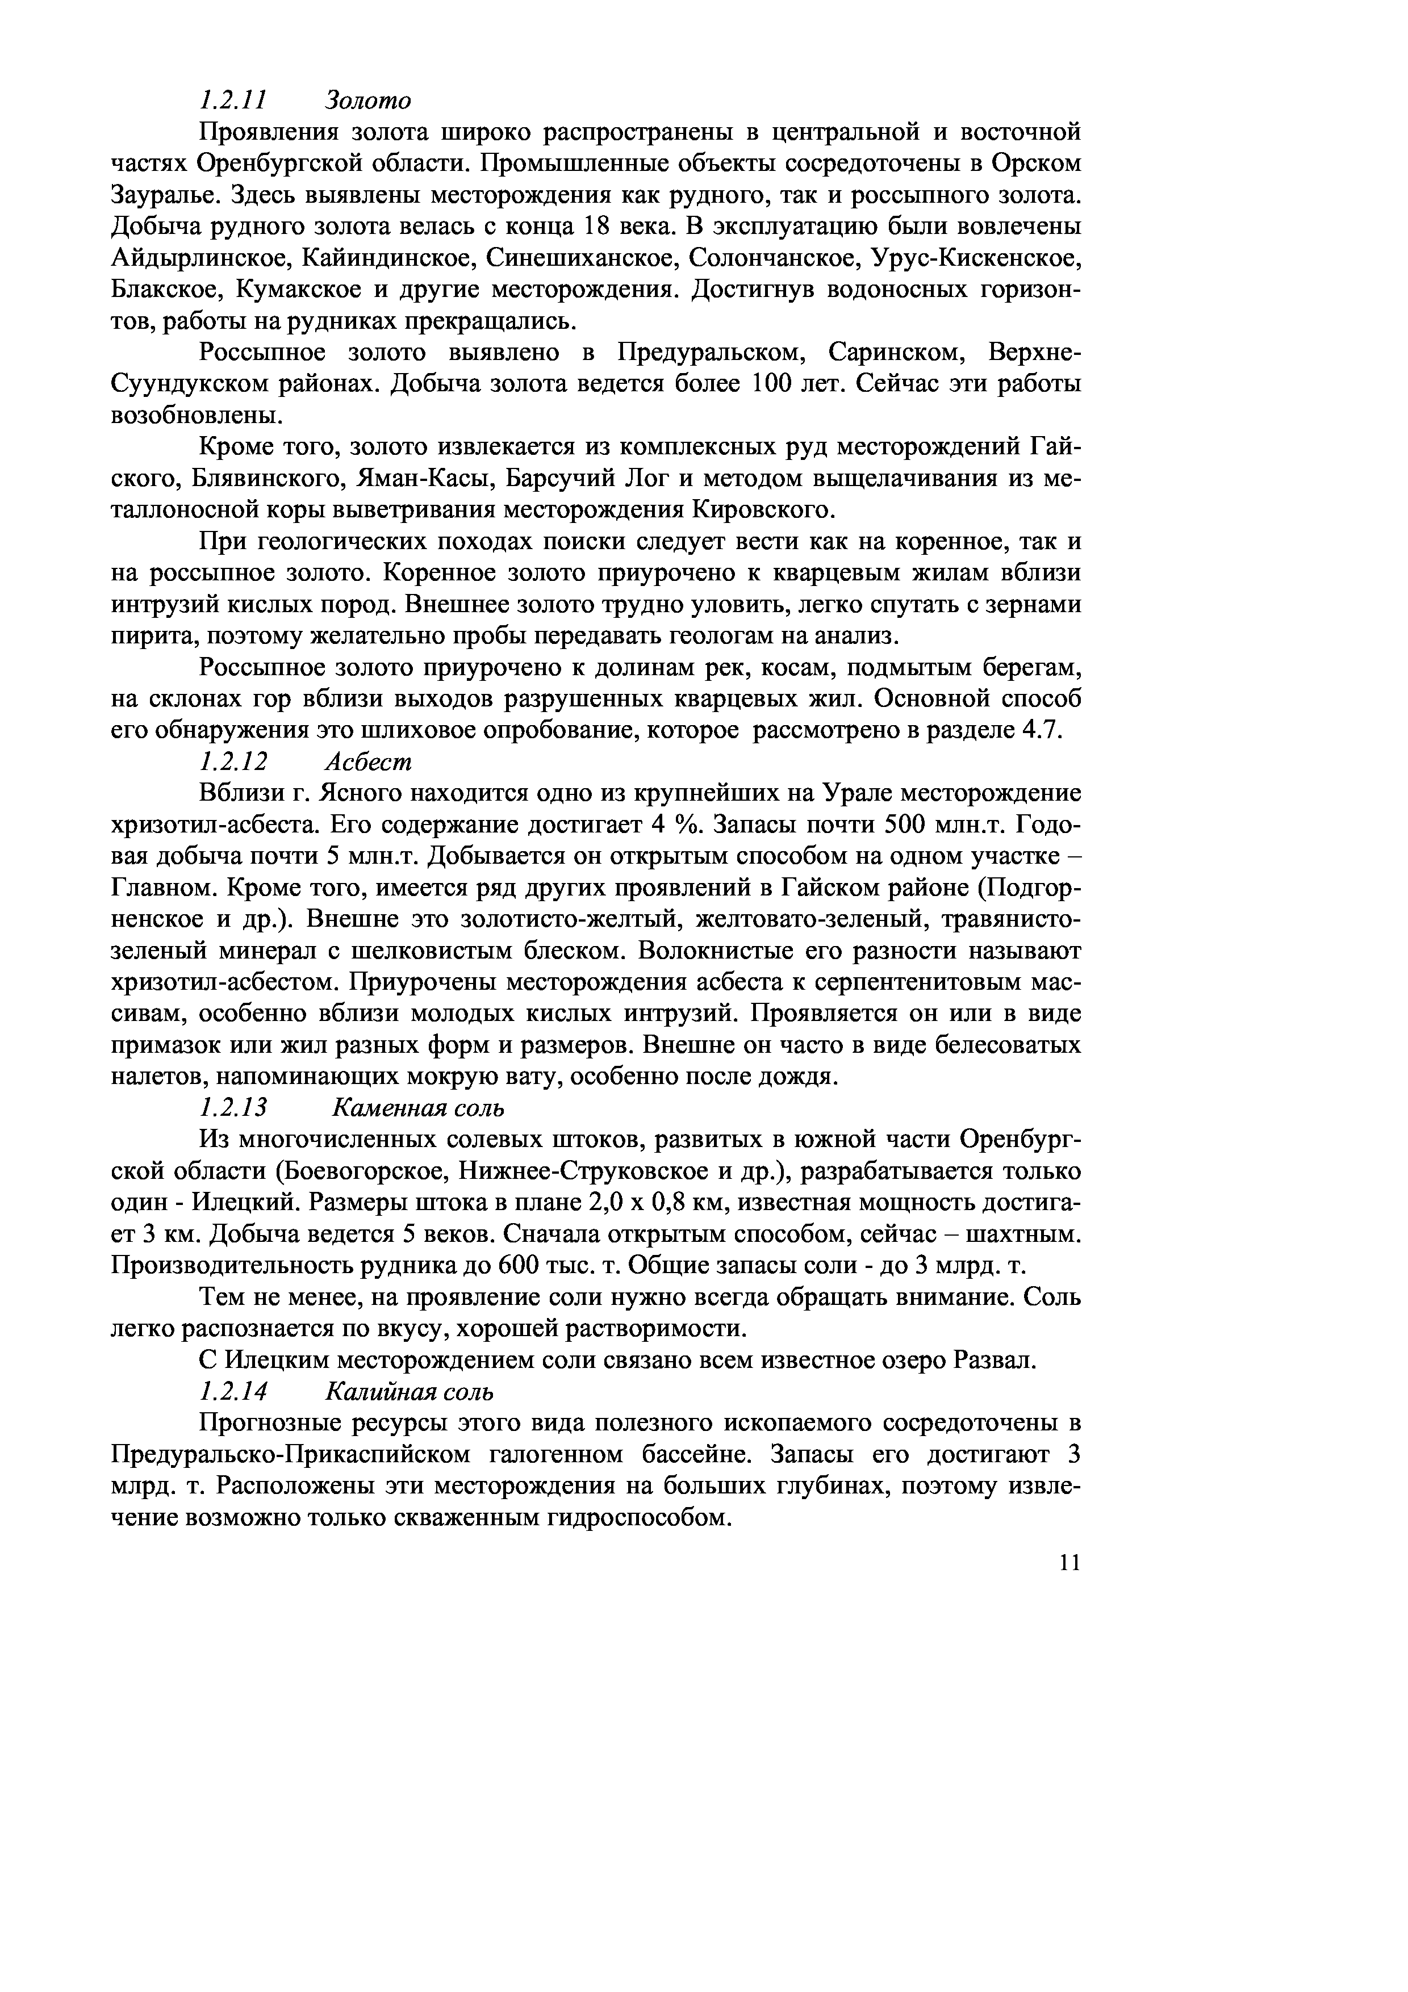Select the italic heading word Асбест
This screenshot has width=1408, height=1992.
pyautogui.click(x=369, y=761)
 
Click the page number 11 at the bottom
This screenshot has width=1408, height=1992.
pyautogui.click(x=1069, y=1563)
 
